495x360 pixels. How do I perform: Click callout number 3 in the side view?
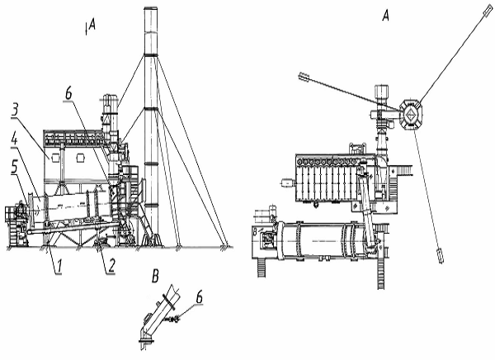tap(15, 109)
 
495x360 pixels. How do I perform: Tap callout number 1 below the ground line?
tap(58, 266)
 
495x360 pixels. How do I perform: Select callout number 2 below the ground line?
tap(111, 266)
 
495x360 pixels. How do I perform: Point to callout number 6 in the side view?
tap(68, 93)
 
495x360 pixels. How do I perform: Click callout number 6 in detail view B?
tap(199, 297)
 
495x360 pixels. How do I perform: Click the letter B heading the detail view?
tap(155, 277)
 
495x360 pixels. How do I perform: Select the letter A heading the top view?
tap(386, 15)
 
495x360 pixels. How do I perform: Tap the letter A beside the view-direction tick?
tap(92, 24)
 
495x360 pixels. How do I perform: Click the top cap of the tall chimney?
tap(151, 8)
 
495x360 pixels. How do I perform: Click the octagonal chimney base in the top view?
tap(410, 115)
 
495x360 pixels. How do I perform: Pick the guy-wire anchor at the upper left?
tap(304, 77)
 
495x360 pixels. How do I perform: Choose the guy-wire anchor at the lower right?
tap(440, 256)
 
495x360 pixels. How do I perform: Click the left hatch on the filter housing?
tap(55, 157)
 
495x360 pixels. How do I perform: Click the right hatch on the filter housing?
tap(81, 158)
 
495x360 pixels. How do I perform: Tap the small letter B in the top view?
tap(255, 232)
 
